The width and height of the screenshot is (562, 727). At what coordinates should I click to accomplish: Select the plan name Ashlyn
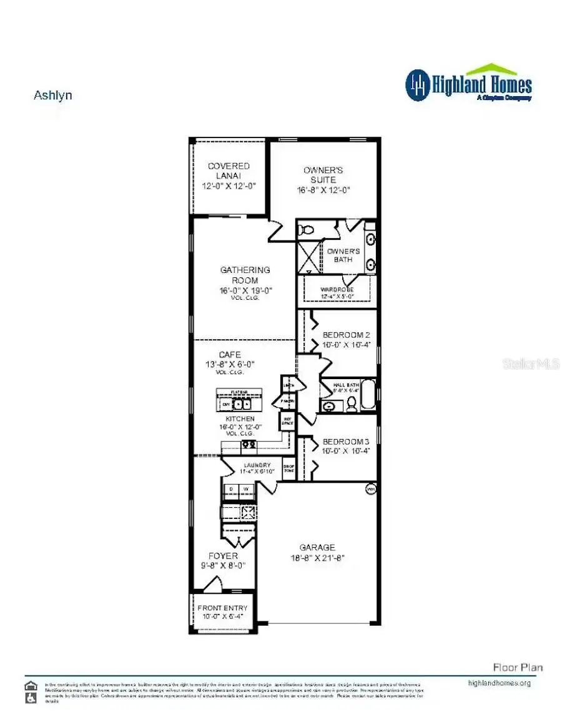point(52,96)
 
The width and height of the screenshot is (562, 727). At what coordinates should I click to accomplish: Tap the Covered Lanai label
point(229,171)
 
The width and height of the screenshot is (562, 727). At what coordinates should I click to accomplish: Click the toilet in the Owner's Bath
point(306,230)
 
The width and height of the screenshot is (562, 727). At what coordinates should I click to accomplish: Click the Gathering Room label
point(245,270)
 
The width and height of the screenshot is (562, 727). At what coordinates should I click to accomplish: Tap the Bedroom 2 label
point(346,335)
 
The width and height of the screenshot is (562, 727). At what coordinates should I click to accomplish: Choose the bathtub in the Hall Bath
point(368,394)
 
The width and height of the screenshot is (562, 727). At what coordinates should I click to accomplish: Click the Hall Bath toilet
point(352,407)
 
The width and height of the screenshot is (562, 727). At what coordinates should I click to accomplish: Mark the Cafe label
point(230,355)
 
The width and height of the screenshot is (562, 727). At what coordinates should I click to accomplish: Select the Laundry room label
point(257,465)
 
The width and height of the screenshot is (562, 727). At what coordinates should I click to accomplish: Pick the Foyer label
point(223,555)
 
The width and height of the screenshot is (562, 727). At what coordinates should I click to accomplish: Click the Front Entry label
point(222,608)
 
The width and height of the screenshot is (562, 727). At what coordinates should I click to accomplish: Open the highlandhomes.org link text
point(498,683)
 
